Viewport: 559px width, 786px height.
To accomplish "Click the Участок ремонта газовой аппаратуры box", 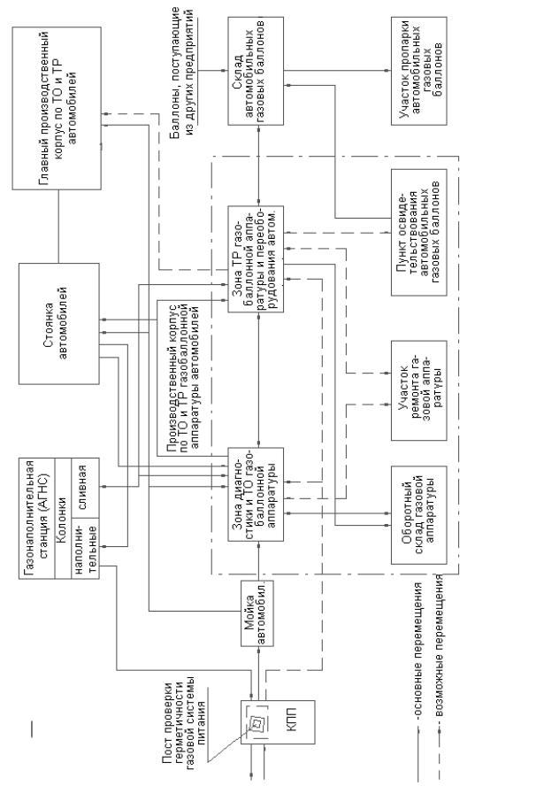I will pyautogui.click(x=419, y=389).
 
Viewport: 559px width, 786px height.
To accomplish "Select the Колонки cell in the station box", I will pyautogui.click(x=64, y=514).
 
